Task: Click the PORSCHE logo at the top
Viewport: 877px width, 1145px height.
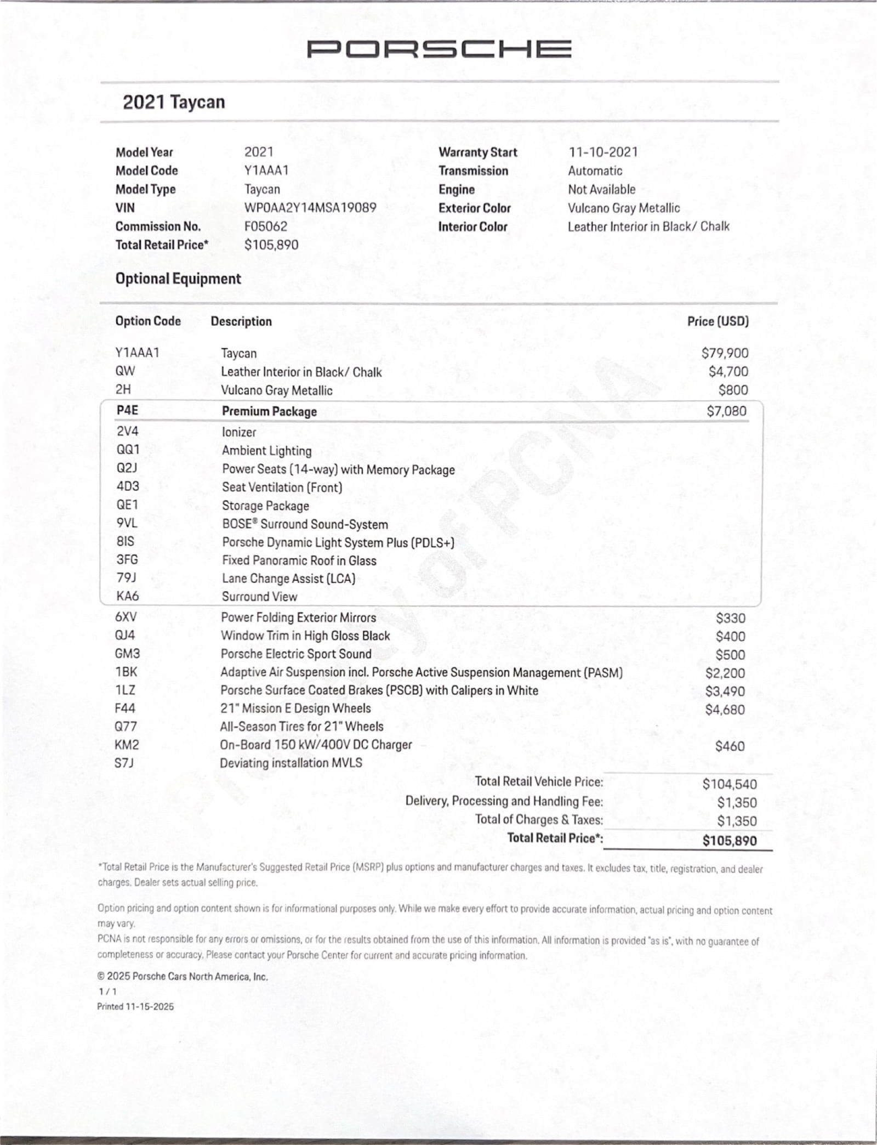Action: [438, 49]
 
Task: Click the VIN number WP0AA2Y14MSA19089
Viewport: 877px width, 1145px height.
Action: [310, 208]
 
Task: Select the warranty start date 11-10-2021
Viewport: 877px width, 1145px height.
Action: [602, 152]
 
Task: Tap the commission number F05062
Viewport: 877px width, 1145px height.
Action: [266, 226]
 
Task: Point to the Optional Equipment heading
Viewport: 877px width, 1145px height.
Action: [178, 279]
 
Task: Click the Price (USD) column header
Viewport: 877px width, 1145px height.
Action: [717, 321]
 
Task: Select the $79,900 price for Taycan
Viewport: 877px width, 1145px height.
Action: [725, 353]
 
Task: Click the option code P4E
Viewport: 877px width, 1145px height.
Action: [127, 410]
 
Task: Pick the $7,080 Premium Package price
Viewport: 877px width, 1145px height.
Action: [726, 411]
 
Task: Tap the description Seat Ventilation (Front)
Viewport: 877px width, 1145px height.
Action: [282, 487]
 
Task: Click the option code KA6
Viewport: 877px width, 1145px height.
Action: [128, 596]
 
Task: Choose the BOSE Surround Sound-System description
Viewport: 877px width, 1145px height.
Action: [305, 524]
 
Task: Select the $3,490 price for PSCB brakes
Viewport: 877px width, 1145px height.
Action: [725, 691]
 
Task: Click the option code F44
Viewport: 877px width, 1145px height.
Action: [125, 708]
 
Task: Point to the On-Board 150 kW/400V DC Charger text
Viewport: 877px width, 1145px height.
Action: [316, 745]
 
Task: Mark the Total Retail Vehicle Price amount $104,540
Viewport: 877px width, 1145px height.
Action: [729, 784]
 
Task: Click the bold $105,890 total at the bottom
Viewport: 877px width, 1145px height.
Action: [729, 841]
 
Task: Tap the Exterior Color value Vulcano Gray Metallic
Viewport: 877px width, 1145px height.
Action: [623, 208]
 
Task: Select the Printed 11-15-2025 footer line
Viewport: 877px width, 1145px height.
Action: [135, 1006]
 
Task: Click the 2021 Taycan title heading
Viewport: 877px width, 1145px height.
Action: [174, 102]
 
